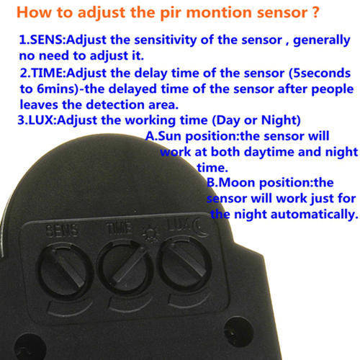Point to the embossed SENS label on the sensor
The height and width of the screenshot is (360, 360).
(x=62, y=230)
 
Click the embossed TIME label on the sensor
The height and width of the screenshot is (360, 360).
(x=120, y=228)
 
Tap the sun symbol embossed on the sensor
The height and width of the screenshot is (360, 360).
(x=150, y=235)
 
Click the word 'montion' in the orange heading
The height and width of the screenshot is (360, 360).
(x=220, y=12)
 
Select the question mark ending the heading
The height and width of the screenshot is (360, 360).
(x=315, y=12)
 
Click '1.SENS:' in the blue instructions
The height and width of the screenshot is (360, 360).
(x=42, y=40)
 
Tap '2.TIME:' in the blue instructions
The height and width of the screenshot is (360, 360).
(x=43, y=73)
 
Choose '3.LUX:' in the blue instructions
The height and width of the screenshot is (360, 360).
(x=37, y=120)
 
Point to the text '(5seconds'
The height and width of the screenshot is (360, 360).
(x=320, y=73)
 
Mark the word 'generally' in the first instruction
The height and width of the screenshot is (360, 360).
(x=322, y=40)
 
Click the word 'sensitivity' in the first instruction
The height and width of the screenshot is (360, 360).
(x=166, y=40)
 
